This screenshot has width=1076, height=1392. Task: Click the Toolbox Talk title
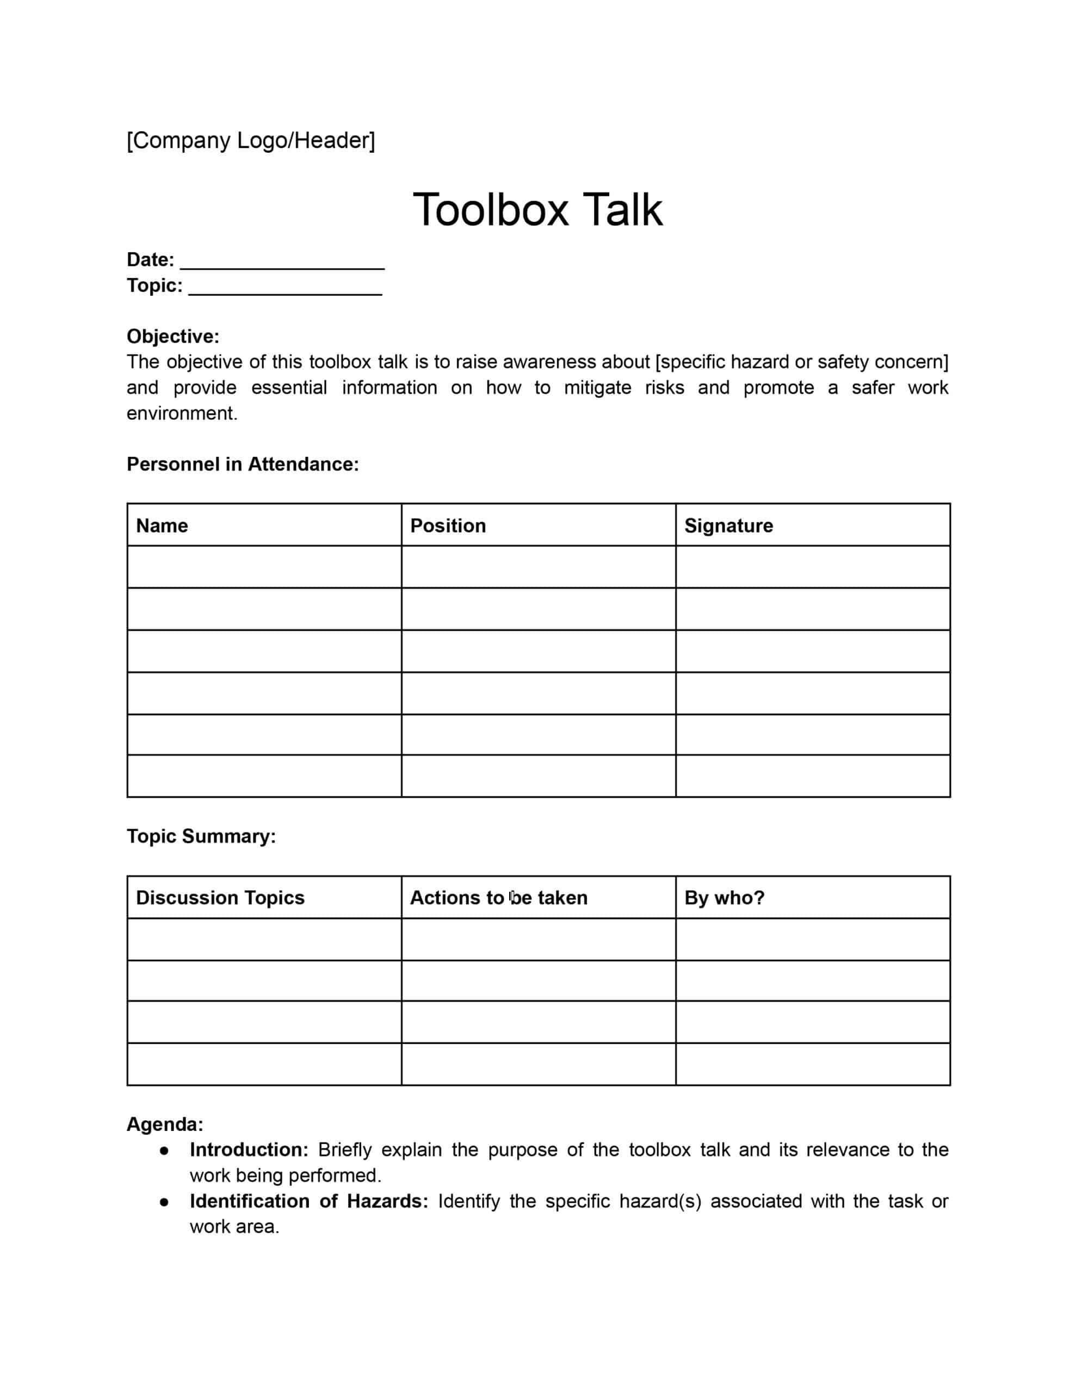pyautogui.click(x=537, y=210)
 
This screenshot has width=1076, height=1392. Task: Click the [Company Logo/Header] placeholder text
pyautogui.click(x=251, y=140)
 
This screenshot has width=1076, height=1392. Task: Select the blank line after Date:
pyautogui.click(x=282, y=262)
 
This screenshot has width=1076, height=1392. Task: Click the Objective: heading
pyautogui.click(x=173, y=336)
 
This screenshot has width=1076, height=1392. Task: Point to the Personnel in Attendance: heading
pyautogui.click(x=243, y=464)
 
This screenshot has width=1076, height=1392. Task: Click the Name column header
pyautogui.click(x=162, y=525)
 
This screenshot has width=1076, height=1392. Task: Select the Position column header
pyautogui.click(x=448, y=525)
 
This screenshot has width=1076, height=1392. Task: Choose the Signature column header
pyautogui.click(x=728, y=525)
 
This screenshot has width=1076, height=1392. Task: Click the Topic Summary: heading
pyautogui.click(x=201, y=836)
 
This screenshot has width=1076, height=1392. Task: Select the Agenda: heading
pyautogui.click(x=165, y=1124)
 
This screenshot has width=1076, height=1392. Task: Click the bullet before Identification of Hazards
pyautogui.click(x=164, y=1202)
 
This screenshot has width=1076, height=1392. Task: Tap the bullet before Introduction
pyautogui.click(x=164, y=1150)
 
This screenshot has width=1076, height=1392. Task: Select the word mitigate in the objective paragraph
pyautogui.click(x=598, y=388)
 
